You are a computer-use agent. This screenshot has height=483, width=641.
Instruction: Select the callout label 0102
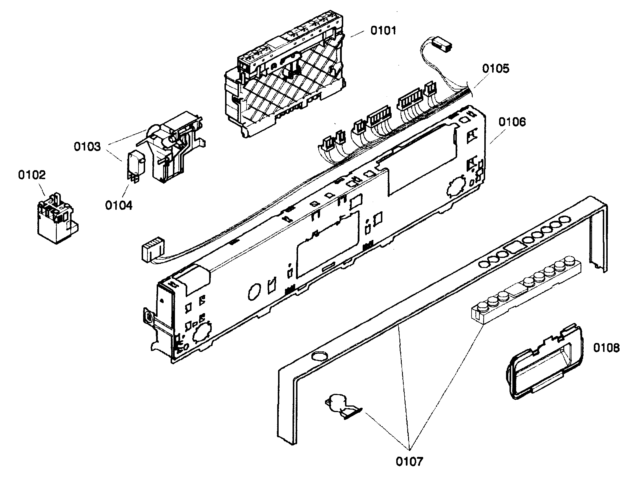pyautogui.click(x=32, y=175)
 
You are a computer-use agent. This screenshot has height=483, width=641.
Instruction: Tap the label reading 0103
pyautogui.click(x=87, y=146)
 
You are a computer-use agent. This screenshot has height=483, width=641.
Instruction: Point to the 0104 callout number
pyautogui.click(x=118, y=205)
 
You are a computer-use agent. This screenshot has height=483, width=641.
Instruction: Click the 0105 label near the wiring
pyautogui.click(x=496, y=69)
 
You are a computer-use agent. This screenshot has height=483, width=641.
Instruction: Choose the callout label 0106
pyautogui.click(x=512, y=122)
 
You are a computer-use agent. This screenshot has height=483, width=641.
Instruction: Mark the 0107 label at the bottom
pyautogui.click(x=410, y=462)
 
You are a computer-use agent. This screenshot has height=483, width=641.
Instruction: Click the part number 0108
pyautogui.click(x=606, y=348)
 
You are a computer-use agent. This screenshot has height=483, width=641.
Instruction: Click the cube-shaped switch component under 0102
pyautogui.click(x=56, y=220)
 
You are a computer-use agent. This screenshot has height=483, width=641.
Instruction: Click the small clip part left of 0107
pyautogui.click(x=342, y=407)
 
